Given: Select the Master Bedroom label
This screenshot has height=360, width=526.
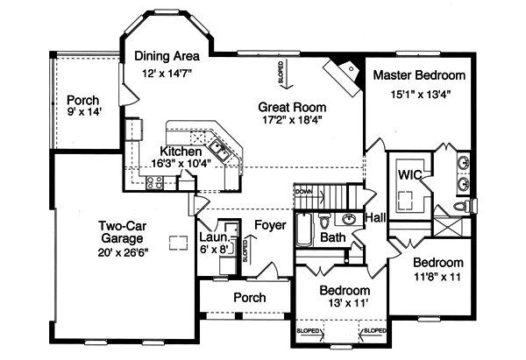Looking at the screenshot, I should (419, 75).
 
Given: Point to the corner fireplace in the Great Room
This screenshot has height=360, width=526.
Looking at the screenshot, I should (345, 70).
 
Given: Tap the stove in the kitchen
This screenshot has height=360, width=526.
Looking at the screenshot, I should (153, 182).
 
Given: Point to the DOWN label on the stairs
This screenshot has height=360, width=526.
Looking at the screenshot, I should (304, 191).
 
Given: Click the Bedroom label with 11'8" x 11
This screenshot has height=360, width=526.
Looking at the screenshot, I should (437, 262).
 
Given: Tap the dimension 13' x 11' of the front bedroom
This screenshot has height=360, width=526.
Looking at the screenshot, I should (344, 304).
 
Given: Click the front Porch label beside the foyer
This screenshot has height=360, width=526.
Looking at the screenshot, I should (249, 298).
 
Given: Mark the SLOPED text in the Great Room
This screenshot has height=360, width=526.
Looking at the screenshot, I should (281, 70).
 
